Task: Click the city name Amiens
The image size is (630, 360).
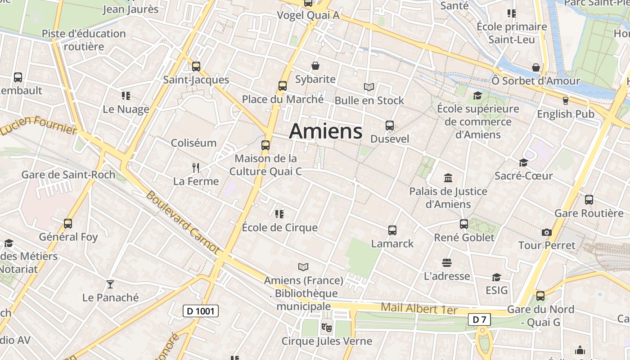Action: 325,131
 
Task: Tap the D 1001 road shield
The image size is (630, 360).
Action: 201,311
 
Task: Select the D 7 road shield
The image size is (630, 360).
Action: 479,319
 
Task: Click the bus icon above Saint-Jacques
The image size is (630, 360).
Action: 196,67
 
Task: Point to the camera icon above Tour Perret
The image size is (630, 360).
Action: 547,232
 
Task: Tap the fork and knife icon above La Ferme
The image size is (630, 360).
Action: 196,168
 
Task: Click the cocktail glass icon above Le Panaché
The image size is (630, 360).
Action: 110,284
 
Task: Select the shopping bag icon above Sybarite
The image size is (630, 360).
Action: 315,66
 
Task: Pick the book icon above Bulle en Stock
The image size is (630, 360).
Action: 369,87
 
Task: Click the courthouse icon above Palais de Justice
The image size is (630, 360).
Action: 448,178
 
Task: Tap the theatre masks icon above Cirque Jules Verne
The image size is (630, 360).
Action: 326,327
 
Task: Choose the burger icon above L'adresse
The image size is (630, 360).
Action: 447,262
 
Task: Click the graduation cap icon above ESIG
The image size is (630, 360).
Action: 496,277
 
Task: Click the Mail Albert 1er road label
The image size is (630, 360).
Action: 419,309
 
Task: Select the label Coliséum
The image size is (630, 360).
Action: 193,143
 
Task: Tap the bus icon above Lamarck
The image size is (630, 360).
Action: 392,230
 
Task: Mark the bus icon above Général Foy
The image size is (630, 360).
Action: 68,224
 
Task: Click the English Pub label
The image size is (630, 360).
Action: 566,114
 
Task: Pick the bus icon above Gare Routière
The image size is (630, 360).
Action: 589,200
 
